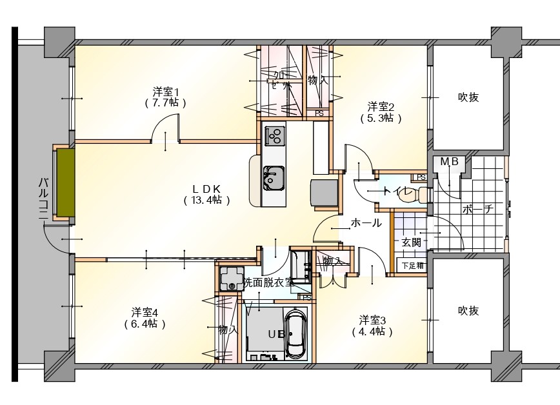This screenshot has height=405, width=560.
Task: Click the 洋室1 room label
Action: point(166,92)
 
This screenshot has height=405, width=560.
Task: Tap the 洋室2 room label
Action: point(381,106)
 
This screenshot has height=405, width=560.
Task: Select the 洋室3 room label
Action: point(373,320)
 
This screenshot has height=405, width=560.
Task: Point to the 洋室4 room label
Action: point(145,312)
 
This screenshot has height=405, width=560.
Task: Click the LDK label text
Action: point(206,188)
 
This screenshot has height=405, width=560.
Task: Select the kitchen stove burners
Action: point(275,135)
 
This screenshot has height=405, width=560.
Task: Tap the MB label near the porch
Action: point(449,163)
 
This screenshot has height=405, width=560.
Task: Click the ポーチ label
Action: point(478,209)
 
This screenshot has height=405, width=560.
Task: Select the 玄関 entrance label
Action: point(411,242)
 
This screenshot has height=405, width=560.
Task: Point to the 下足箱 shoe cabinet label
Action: point(412,265)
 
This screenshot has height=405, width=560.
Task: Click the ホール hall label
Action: point(366,223)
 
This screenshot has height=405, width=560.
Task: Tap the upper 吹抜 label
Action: point(468,97)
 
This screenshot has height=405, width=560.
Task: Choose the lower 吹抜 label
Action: point(468,311)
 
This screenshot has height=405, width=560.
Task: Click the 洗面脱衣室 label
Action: point(268,282)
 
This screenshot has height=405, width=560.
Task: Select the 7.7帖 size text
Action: point(166,103)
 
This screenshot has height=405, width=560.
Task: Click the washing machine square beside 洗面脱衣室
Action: point(230,278)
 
